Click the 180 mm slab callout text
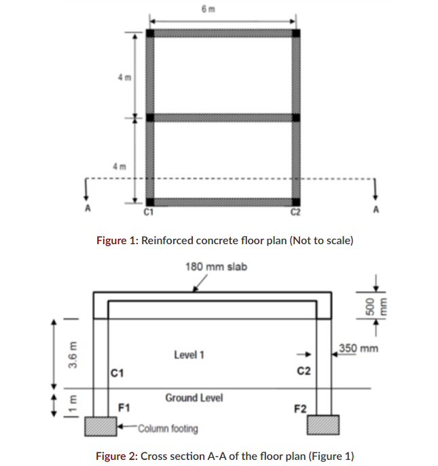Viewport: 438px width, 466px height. pyautogui.click(x=216, y=267)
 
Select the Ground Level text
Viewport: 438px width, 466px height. pyautogui.click(x=194, y=397)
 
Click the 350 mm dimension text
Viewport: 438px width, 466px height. pyautogui.click(x=359, y=349)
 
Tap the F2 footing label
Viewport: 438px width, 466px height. pyautogui.click(x=300, y=409)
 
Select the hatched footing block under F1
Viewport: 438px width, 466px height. pyautogui.click(x=101, y=427)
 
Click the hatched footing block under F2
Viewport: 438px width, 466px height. pyautogui.click(x=322, y=425)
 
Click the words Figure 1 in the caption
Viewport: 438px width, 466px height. pyautogui.click(x=117, y=240)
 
